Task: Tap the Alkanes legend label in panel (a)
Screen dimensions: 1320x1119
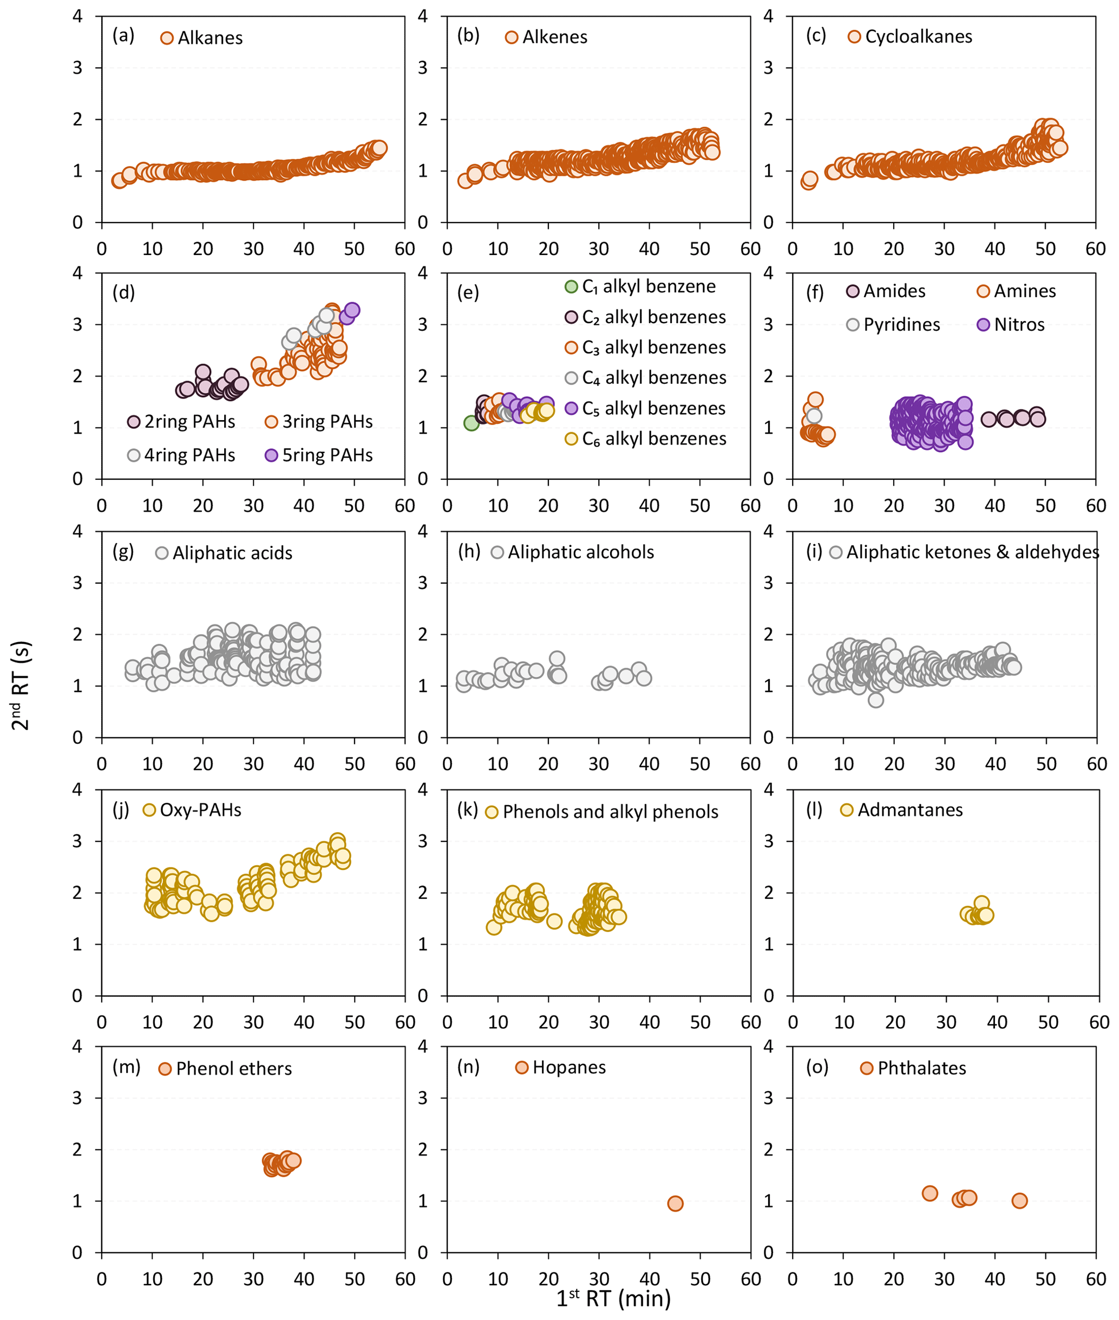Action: pyautogui.click(x=210, y=38)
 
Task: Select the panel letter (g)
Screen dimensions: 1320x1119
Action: pyautogui.click(x=123, y=552)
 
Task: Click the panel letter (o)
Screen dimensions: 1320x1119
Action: pyautogui.click(x=817, y=1068)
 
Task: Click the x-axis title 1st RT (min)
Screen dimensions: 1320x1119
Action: pyautogui.click(x=613, y=1298)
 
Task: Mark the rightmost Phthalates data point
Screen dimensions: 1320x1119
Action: pyautogui.click(x=1019, y=1201)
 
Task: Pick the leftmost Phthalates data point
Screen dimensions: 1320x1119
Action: pyautogui.click(x=930, y=1193)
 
